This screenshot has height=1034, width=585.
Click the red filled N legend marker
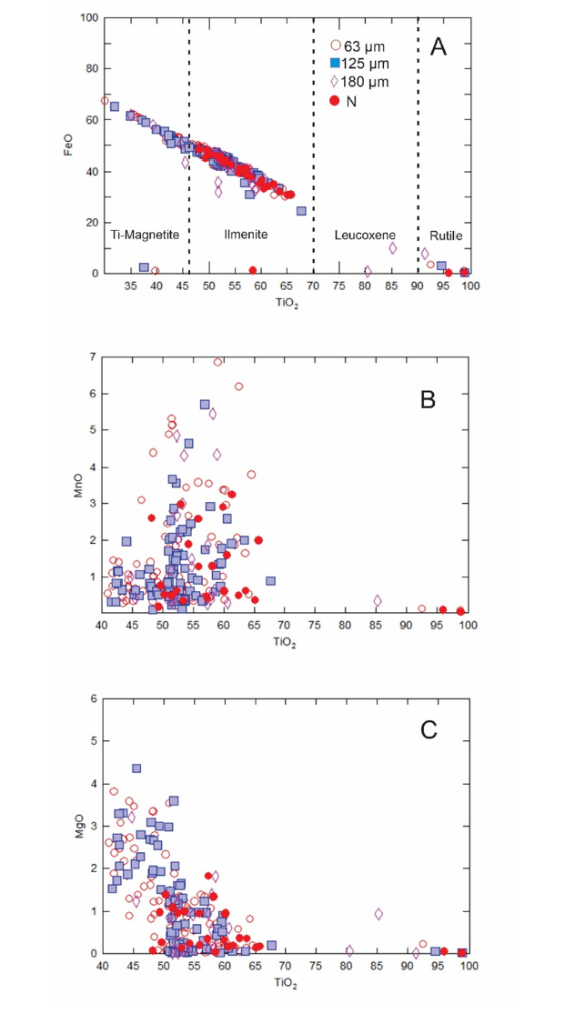coord(336,101)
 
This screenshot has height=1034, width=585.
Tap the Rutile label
coord(445,235)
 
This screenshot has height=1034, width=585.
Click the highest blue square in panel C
coord(136,768)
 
